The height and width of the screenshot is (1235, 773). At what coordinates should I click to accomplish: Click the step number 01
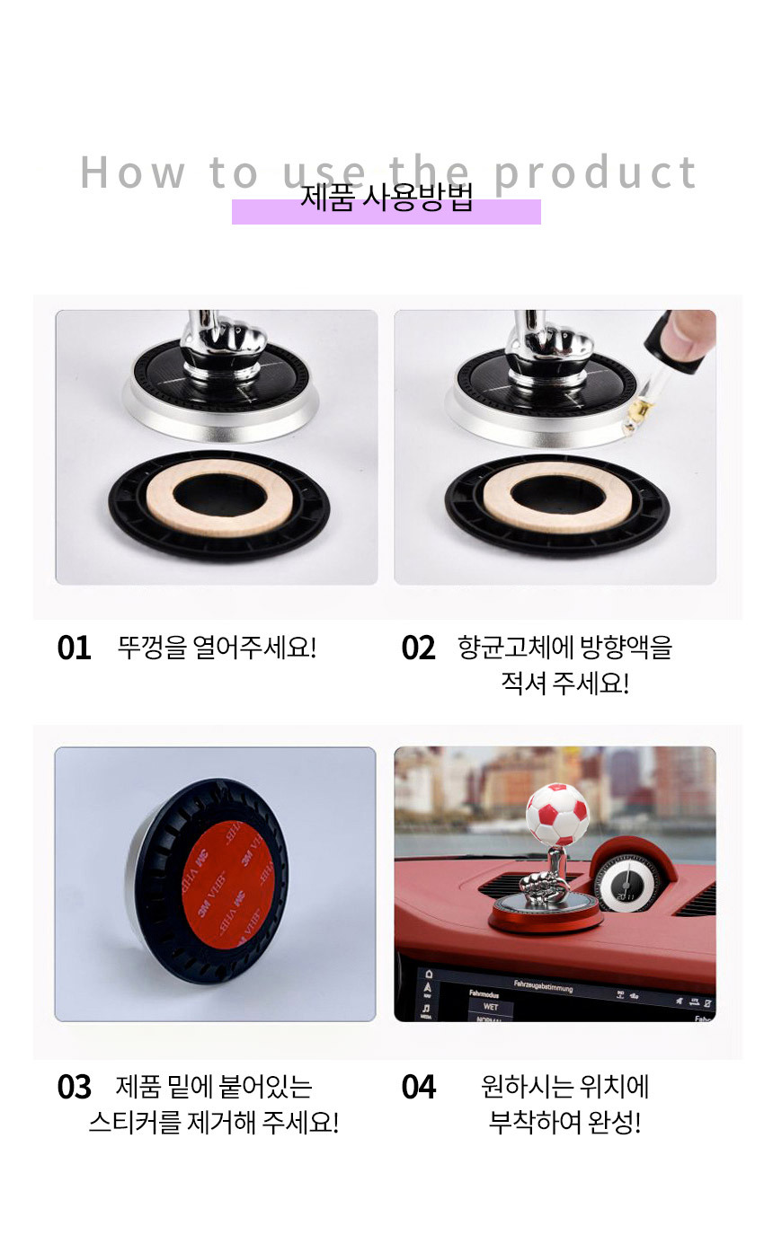(74, 648)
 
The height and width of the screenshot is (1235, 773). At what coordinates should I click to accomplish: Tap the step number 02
(418, 648)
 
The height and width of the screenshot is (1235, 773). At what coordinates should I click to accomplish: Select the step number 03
(74, 1087)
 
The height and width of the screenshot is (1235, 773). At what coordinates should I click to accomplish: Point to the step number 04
(418, 1087)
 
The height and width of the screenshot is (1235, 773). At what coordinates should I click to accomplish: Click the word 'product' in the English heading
(595, 173)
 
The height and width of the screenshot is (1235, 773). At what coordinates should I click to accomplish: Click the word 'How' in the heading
(132, 172)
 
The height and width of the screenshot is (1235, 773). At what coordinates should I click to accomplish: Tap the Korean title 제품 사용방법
(386, 198)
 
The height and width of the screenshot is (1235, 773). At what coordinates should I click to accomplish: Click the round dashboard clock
(626, 886)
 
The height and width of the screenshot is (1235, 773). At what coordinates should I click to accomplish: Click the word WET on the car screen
(490, 1006)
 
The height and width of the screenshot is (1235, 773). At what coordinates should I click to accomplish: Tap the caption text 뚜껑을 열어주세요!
(217, 648)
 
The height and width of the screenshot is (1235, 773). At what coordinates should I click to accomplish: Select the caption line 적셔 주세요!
(565, 684)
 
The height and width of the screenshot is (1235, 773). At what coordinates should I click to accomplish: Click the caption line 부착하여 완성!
(565, 1123)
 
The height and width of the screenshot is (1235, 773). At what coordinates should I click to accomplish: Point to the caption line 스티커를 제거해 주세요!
(214, 1123)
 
